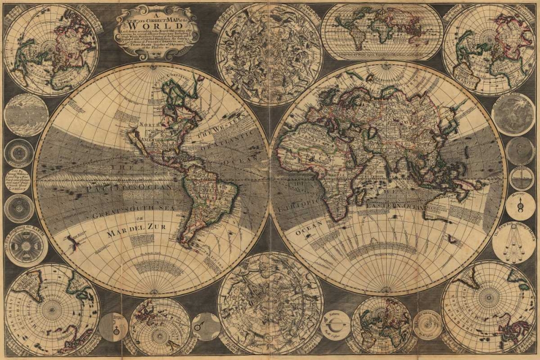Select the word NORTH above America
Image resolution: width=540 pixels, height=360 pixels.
tap(150, 124)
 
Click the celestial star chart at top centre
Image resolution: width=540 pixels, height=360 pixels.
tap(269, 54)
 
